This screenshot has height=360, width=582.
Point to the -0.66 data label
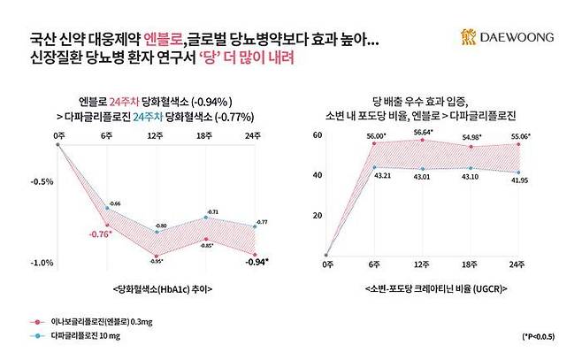tap(115, 203)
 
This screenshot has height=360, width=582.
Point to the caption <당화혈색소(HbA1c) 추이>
tap(156, 289)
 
